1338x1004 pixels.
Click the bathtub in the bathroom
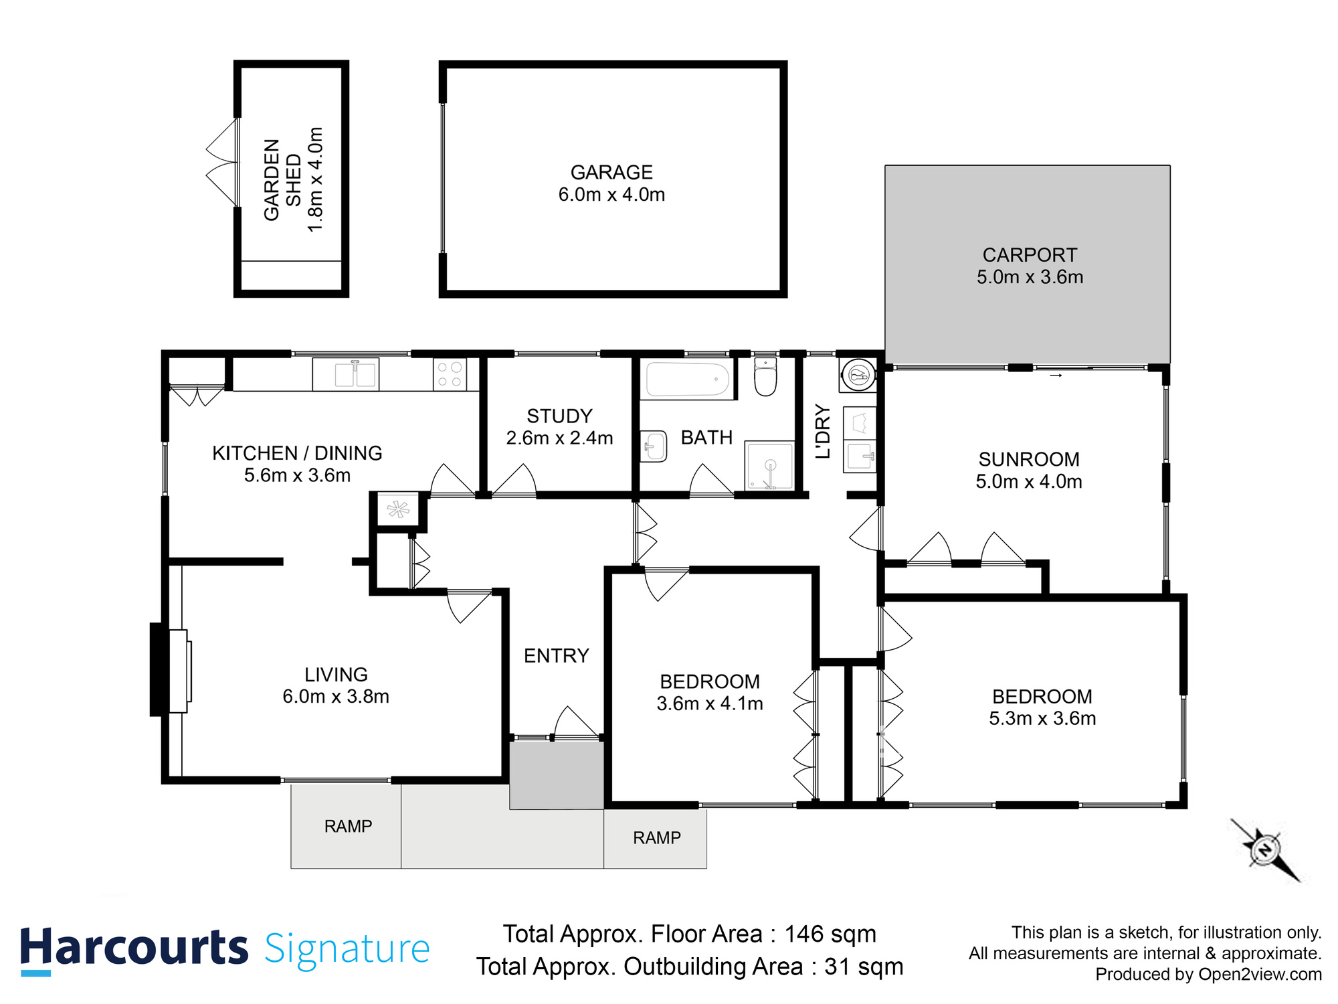(687, 380)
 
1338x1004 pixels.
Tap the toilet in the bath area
(765, 378)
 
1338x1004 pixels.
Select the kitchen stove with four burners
(450, 374)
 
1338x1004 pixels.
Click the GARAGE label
(611, 173)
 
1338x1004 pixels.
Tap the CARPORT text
(1030, 255)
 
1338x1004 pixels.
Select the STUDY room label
(559, 416)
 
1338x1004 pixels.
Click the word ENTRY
(556, 656)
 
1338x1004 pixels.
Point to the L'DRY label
(823, 431)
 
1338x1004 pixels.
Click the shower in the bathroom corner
(769, 465)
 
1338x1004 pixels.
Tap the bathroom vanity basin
(654, 446)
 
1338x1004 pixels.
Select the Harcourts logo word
(134, 948)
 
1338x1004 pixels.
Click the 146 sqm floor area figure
(830, 934)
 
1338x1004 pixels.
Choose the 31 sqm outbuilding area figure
(863, 967)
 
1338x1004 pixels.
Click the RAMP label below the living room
(348, 827)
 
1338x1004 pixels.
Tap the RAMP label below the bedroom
(656, 838)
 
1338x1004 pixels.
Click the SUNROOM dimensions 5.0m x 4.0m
(1028, 482)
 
